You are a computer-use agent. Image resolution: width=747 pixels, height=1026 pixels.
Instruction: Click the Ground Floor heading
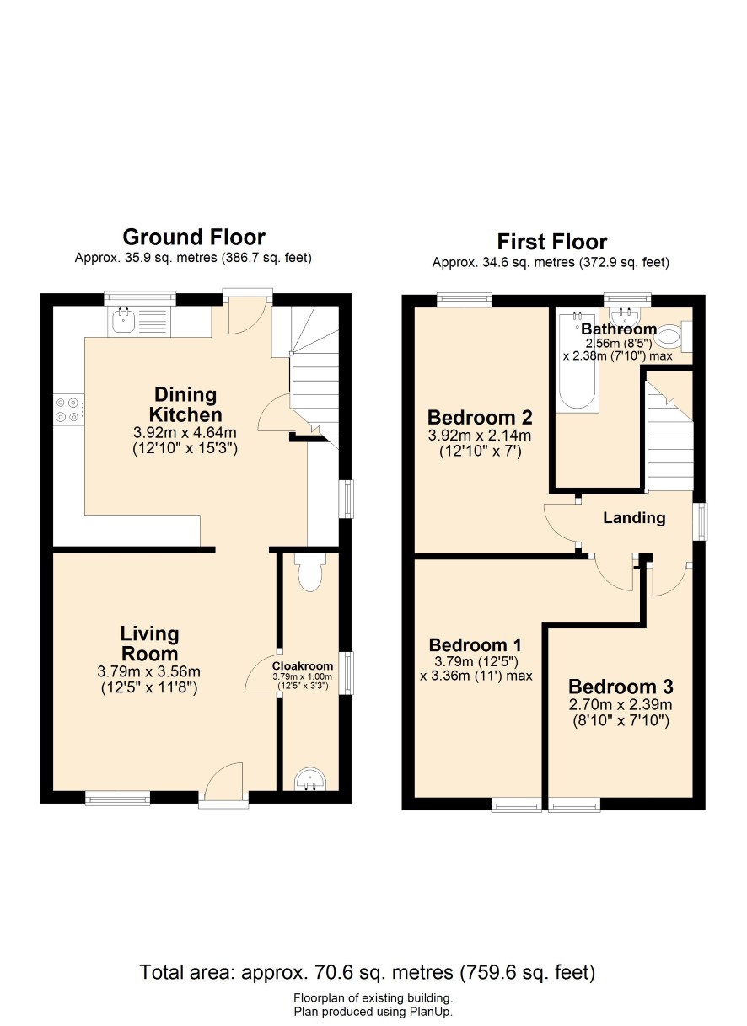(x=194, y=238)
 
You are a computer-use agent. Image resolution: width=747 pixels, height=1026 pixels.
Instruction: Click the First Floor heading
(x=551, y=242)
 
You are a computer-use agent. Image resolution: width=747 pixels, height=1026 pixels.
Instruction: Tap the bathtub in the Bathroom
(x=578, y=360)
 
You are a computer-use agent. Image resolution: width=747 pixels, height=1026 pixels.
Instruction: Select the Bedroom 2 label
(x=480, y=417)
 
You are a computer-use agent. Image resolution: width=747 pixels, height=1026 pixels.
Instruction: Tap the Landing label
(x=634, y=517)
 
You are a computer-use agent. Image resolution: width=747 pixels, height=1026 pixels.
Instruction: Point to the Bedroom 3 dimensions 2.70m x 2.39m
(x=621, y=704)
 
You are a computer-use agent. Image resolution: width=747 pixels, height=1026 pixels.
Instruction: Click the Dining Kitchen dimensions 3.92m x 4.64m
(x=185, y=432)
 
